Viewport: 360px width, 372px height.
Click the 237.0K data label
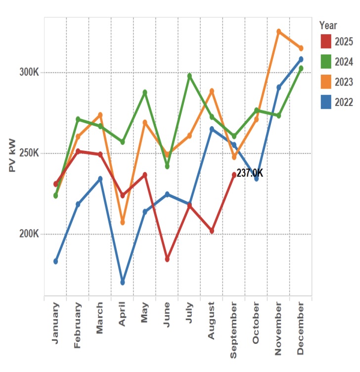click(x=250, y=174)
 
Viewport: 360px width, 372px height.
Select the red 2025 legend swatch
click(x=326, y=41)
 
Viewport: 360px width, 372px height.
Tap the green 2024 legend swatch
click(x=326, y=61)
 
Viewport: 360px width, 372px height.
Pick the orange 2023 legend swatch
click(x=326, y=82)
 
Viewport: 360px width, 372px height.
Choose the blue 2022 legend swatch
click(x=326, y=102)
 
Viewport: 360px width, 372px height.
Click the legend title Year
click(x=328, y=25)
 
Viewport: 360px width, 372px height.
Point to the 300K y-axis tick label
click(x=29, y=73)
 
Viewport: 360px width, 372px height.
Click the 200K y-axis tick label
click(x=29, y=234)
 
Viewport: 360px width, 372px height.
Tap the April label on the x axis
click(x=123, y=315)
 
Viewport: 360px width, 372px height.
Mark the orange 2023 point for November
click(x=278, y=32)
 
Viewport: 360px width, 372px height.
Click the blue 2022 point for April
click(x=123, y=282)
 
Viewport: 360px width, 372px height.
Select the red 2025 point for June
click(x=167, y=259)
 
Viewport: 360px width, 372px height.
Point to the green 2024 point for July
click(x=189, y=76)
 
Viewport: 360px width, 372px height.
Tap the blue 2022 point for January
click(x=56, y=261)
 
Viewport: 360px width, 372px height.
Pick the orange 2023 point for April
click(x=123, y=223)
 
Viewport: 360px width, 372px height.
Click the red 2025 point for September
click(x=234, y=175)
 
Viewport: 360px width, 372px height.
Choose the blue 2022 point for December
click(x=301, y=59)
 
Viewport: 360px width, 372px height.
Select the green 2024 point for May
click(x=145, y=93)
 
